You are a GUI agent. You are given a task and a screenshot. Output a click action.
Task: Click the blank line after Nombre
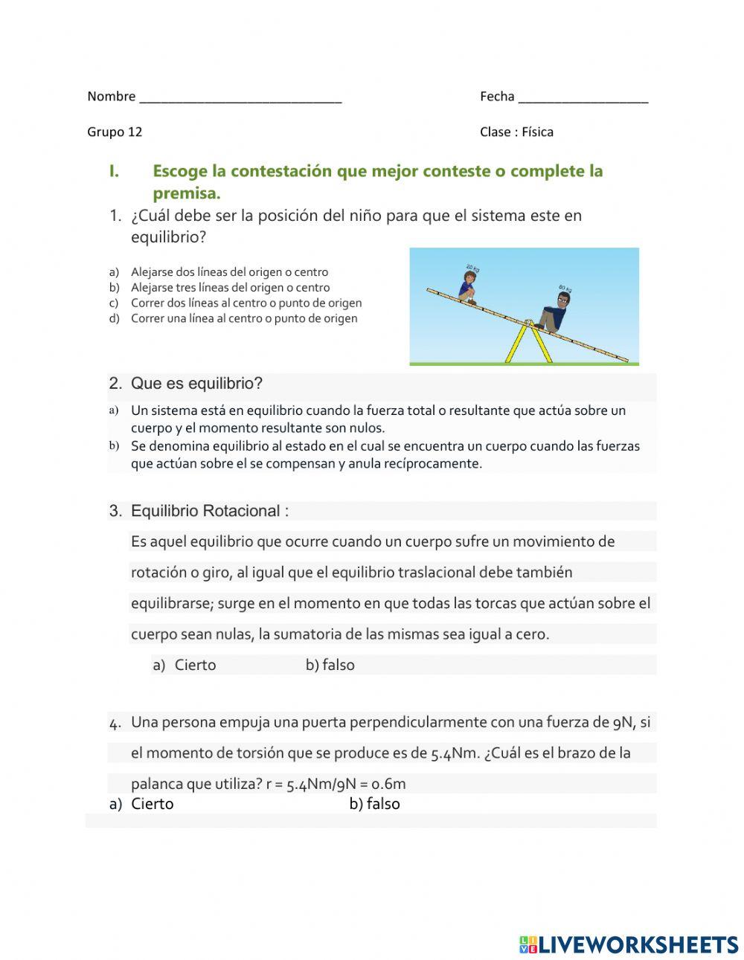(x=240, y=98)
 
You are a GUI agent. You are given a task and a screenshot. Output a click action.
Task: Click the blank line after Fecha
(x=583, y=98)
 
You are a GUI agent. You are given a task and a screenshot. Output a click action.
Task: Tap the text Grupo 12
(x=115, y=132)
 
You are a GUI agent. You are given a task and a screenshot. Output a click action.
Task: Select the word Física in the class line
(x=537, y=132)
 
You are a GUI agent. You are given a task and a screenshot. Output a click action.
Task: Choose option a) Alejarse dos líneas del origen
(x=229, y=272)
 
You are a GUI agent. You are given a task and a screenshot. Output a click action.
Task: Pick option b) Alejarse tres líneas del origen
(x=230, y=288)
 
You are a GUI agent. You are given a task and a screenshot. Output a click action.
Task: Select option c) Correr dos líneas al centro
(x=246, y=303)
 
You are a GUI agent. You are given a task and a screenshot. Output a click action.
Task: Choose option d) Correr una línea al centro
(x=243, y=319)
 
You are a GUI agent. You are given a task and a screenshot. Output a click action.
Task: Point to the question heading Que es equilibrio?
(x=196, y=384)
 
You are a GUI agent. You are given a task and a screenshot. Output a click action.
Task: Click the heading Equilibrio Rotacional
(x=209, y=512)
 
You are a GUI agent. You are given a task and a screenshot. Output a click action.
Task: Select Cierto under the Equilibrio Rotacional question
(x=195, y=666)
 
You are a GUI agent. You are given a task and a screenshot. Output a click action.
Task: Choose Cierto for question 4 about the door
(x=152, y=804)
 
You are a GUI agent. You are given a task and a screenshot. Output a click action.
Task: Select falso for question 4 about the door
(x=382, y=804)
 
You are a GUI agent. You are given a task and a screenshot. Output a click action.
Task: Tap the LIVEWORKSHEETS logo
(x=629, y=944)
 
